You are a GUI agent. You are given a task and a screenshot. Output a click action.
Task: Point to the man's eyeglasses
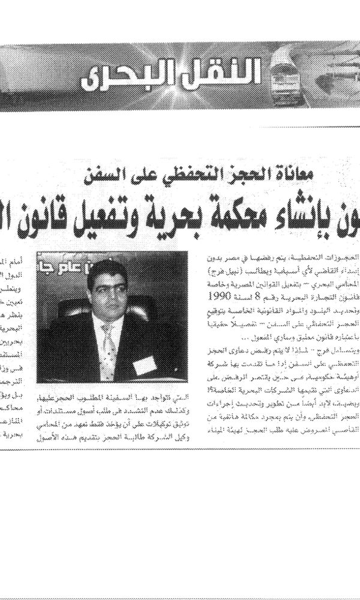coord(106,287)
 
